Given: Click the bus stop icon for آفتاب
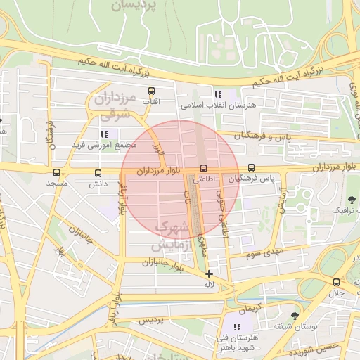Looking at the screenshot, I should tap(151, 91).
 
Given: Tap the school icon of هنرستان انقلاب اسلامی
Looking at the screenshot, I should tap(218, 94).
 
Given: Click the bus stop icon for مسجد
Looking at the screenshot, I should tap(56, 172).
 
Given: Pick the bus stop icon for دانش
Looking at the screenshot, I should tap(97, 172).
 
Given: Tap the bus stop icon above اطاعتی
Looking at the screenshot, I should tap(203, 169).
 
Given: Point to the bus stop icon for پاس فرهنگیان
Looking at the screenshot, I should tap(252, 169).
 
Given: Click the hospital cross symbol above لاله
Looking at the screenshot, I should tap(209, 274).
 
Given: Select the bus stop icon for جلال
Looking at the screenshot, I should tap(336, 282).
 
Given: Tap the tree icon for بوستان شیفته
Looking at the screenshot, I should tap(294, 316).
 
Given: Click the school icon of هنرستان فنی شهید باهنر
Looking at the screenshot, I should tap(236, 327).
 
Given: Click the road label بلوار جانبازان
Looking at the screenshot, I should tap(162, 264).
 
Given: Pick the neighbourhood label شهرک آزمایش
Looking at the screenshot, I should tap(171, 236).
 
